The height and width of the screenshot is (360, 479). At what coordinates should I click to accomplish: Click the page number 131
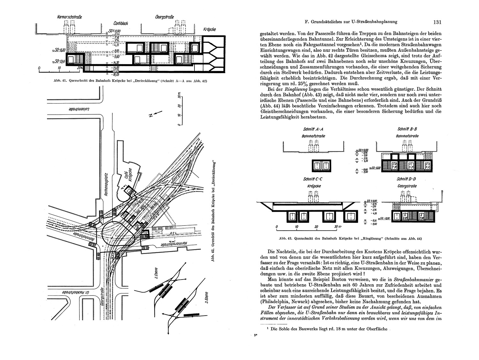coord(437,22)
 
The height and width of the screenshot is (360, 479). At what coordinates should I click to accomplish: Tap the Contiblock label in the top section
coord(121,23)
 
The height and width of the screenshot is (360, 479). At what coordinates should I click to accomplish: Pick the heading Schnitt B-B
coord(407,129)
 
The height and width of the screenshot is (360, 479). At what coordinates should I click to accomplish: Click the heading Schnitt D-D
coord(407,180)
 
